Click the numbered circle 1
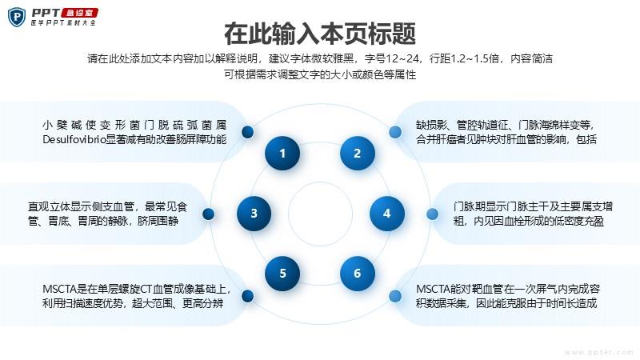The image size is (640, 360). pyautogui.click(x=282, y=153)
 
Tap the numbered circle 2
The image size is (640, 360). pyautogui.click(x=357, y=153)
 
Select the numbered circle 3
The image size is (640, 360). pyautogui.click(x=254, y=213)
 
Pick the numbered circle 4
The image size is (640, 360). pyautogui.click(x=387, y=213)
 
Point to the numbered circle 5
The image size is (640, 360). pyautogui.click(x=282, y=273)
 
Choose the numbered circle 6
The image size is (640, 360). pyautogui.click(x=357, y=273)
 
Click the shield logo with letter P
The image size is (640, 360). pyautogui.click(x=17, y=17)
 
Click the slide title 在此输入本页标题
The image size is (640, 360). pyautogui.click(x=320, y=34)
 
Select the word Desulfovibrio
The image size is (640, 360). pyautogui.click(x=74, y=139)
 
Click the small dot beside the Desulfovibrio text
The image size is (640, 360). pyautogui.click(x=247, y=132)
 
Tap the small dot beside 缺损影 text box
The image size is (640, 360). pyautogui.click(x=394, y=132)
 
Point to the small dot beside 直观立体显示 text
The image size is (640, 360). pyautogui.click(x=208, y=214)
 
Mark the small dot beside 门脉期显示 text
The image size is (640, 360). pyautogui.click(x=432, y=214)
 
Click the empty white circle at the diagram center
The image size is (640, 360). pyautogui.click(x=321, y=214)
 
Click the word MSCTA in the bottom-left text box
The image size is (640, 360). pyautogui.click(x=59, y=290)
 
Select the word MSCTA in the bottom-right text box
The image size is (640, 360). pyautogui.click(x=433, y=290)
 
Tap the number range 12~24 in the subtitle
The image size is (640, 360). pyautogui.click(x=402, y=58)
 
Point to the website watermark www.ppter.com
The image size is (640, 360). pyautogui.click(x=598, y=352)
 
